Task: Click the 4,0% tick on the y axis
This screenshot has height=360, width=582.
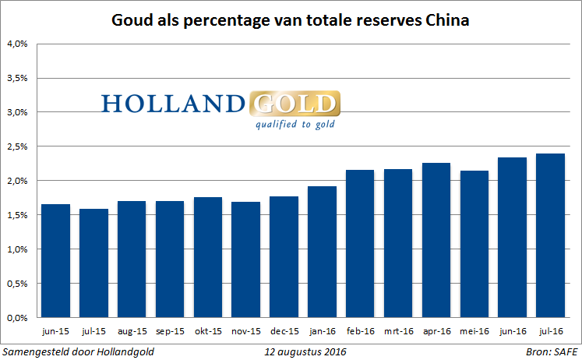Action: [x=17, y=44]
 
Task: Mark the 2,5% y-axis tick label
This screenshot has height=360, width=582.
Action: [x=17, y=146]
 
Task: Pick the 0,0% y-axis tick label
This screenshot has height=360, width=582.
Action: [x=17, y=318]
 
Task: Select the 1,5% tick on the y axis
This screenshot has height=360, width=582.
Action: [x=17, y=215]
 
